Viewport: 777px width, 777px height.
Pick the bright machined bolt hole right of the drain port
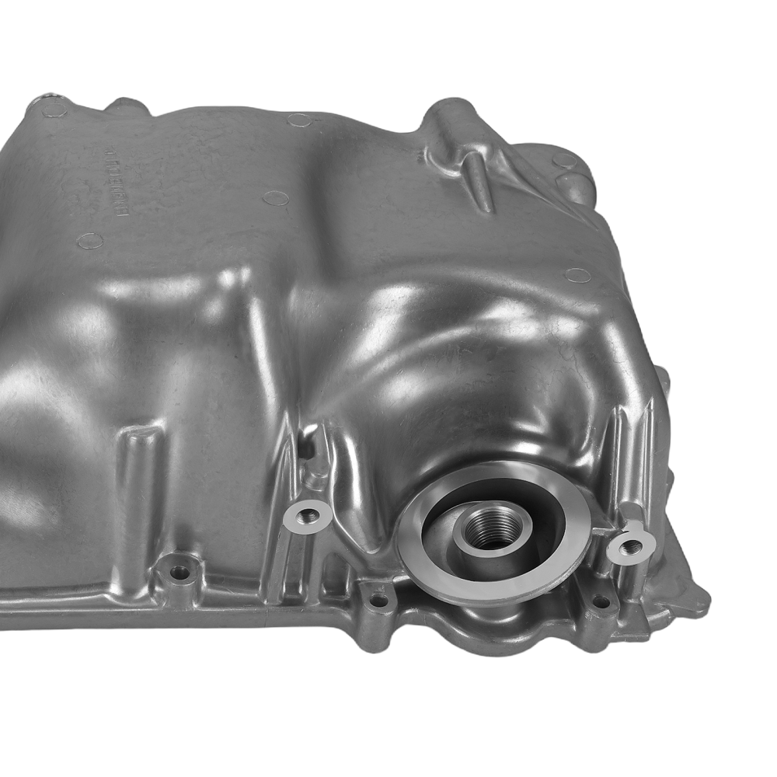pyautogui.click(x=630, y=546)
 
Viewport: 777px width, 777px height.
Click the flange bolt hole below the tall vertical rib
pyautogui.click(x=180, y=573)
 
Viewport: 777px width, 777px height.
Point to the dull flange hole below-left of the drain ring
pyautogui.click(x=378, y=599)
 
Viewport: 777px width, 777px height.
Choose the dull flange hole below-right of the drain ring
pyautogui.click(x=599, y=601)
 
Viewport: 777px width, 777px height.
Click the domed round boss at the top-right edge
pyautogui.click(x=577, y=186)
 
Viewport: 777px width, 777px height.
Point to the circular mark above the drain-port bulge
pyautogui.click(x=577, y=275)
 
